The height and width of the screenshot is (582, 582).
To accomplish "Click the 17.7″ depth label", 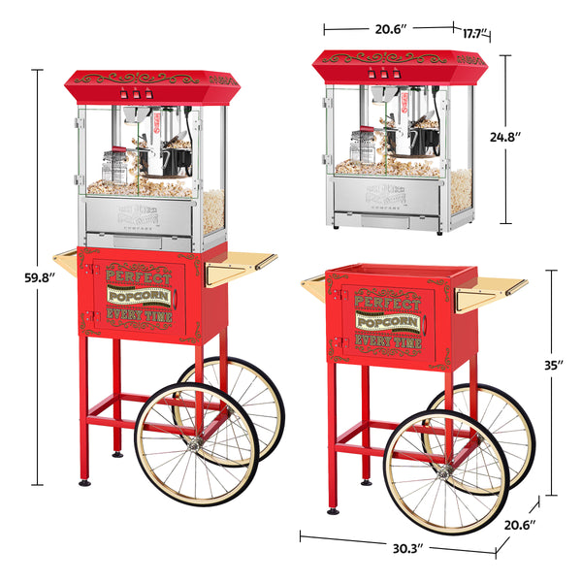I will pos(474,33).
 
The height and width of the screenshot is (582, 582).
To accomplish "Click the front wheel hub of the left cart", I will pos(195,443).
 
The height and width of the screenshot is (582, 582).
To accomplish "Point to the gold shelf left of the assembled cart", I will pos(66,260).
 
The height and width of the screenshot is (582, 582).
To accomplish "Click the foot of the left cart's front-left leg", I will pos(84,481).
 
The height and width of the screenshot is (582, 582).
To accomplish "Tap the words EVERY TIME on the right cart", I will pos(387,340).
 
